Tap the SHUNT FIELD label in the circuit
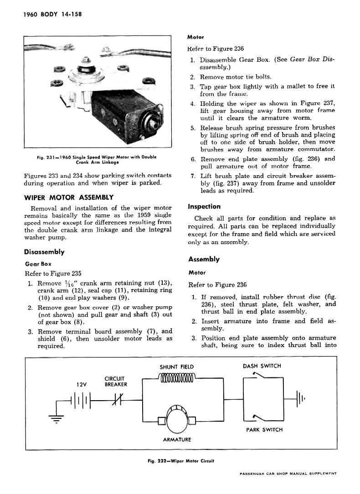(177, 367)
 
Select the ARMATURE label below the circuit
(177, 439)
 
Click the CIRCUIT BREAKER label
(116, 381)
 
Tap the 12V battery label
(82, 384)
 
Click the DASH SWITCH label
(262, 366)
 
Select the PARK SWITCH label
(264, 429)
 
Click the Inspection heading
(204, 206)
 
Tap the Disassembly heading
(44, 252)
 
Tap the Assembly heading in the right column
(204, 259)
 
